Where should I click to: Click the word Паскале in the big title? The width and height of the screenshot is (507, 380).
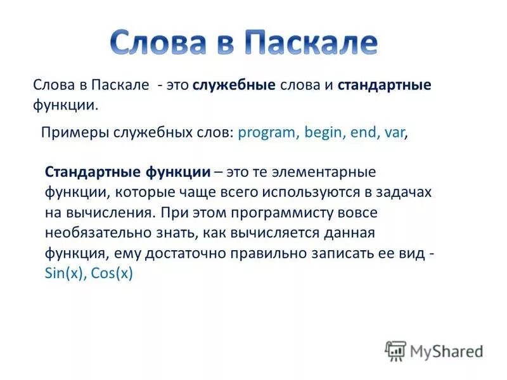tap(311, 43)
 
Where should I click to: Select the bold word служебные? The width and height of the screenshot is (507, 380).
tap(234, 85)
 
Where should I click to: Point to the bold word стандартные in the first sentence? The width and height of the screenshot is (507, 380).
tap(385, 85)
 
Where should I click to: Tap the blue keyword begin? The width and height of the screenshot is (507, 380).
tap(321, 134)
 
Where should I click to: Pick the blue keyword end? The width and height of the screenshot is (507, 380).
tap(362, 134)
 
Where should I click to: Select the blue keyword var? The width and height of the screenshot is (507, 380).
tap(394, 134)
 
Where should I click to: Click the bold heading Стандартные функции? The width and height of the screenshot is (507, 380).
tap(127, 172)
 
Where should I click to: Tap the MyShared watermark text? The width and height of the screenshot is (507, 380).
tap(446, 351)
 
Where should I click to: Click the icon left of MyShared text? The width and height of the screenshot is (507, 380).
tap(395, 351)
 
